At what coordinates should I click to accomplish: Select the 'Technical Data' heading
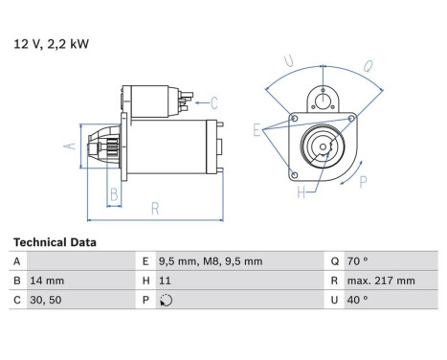[54, 242]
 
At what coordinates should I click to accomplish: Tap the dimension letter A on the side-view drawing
[69, 146]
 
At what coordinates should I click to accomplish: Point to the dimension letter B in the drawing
[113, 195]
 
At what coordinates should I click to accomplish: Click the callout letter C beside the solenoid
[214, 102]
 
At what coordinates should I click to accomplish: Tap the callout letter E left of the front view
[257, 127]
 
